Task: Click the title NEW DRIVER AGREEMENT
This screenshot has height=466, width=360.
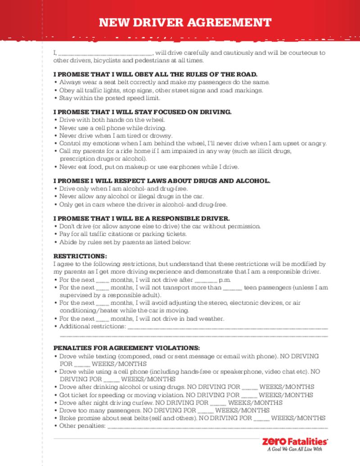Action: point(185,23)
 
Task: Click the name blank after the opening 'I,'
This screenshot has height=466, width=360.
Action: point(105,53)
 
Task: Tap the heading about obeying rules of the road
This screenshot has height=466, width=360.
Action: point(155,74)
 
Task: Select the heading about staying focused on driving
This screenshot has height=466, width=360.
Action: point(142,112)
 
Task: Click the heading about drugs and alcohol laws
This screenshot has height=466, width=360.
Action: point(162,181)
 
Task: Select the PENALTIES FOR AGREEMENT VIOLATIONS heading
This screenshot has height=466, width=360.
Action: point(126,348)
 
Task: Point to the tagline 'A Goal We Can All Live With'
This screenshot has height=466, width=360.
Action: point(295,449)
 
